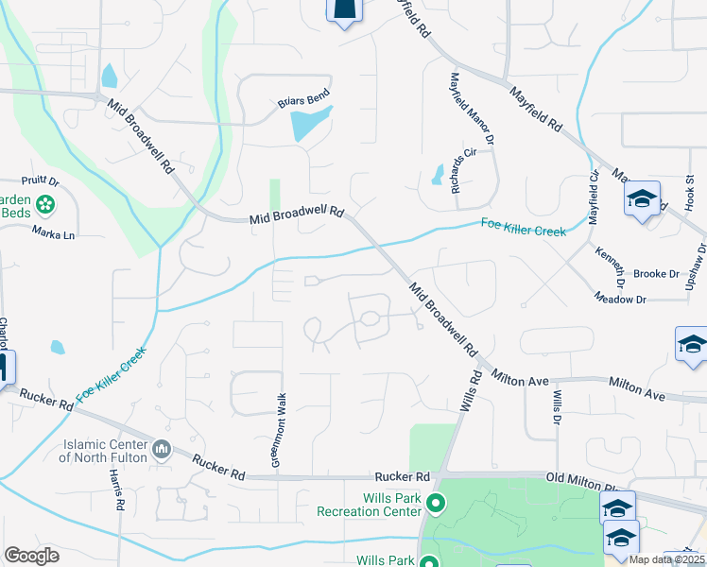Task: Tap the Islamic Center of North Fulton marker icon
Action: coord(162,446)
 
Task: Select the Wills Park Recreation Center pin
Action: coord(436,502)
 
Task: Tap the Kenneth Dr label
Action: coord(610,267)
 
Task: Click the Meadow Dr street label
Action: coord(620,299)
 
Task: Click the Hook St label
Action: coord(690,192)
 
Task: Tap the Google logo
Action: coord(32,556)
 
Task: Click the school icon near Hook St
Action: coord(642,199)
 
